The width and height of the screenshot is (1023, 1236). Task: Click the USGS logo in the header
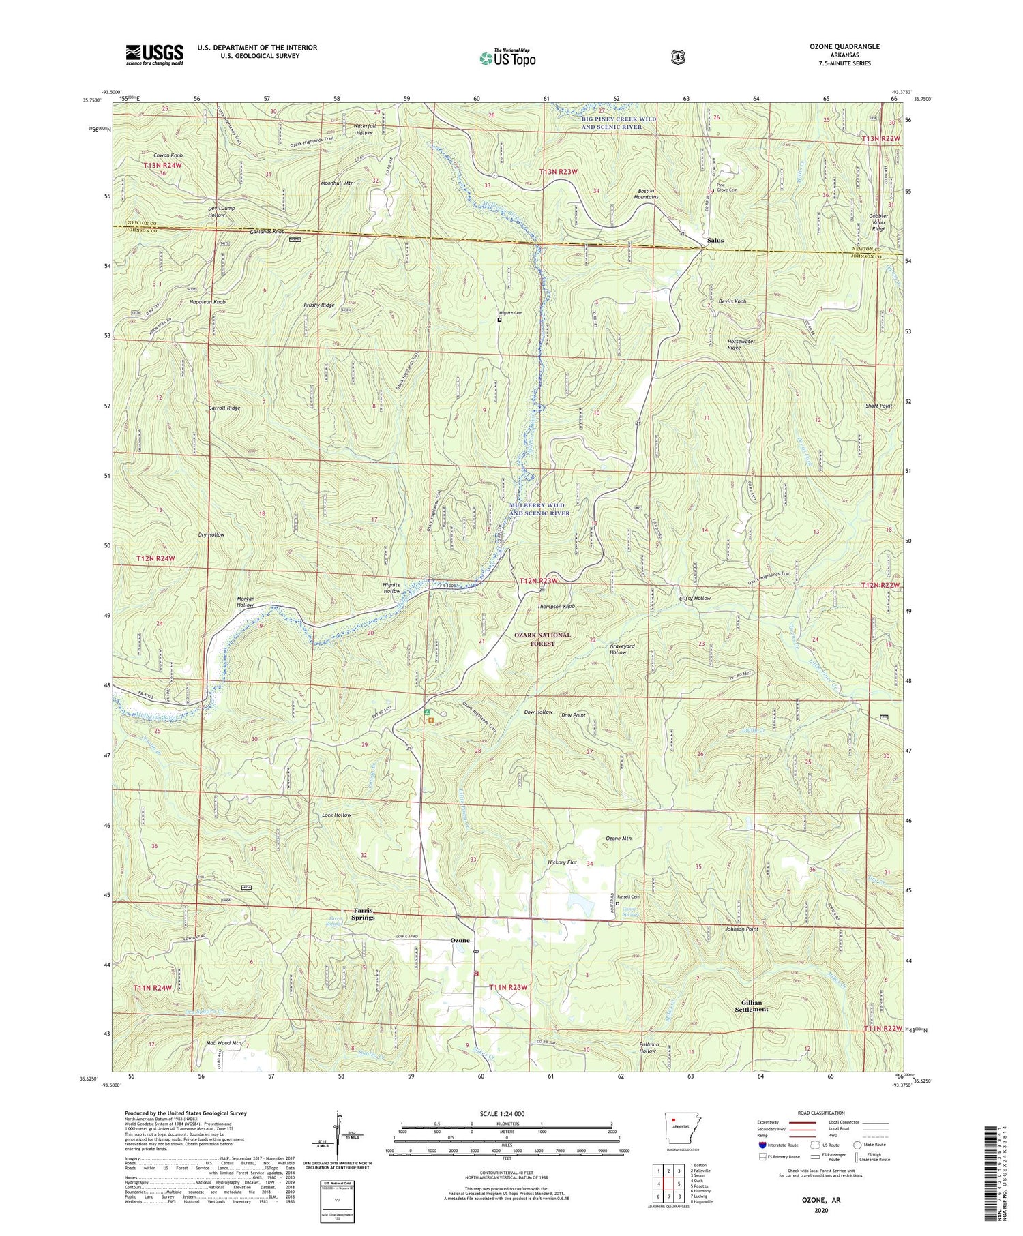[x=154, y=55]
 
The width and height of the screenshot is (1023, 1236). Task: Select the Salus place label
[x=715, y=241]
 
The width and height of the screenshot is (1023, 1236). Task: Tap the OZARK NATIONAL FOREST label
[x=543, y=639]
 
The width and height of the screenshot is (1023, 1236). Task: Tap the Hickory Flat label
[x=563, y=862]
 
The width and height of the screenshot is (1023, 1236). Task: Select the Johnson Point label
[x=741, y=929]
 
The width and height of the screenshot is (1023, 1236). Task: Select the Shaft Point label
[x=878, y=406]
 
